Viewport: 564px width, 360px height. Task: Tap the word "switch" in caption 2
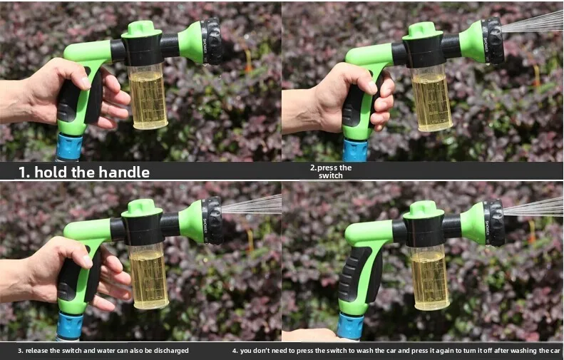pos(331,176)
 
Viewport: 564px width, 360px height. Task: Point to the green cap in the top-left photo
pos(141,29)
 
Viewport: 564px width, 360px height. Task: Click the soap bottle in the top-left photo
pos(148,96)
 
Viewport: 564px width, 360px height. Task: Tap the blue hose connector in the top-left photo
pos(69,146)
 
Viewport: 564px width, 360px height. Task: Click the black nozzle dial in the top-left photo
pos(212,41)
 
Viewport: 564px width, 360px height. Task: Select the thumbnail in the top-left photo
pos(86,83)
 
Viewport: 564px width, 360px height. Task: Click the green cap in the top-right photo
pos(423,31)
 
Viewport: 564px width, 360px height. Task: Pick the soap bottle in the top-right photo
pos(431,98)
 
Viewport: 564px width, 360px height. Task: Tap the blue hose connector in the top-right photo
pos(355,150)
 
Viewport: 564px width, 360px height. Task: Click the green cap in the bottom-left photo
pos(142,208)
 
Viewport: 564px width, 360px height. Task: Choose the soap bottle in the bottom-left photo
pos(148,277)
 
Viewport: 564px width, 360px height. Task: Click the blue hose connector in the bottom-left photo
pos(70,326)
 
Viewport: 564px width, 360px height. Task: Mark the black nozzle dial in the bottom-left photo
pos(212,220)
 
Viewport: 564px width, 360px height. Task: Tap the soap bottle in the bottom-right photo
pos(429,278)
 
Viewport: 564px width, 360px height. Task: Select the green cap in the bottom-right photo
pos(424,210)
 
